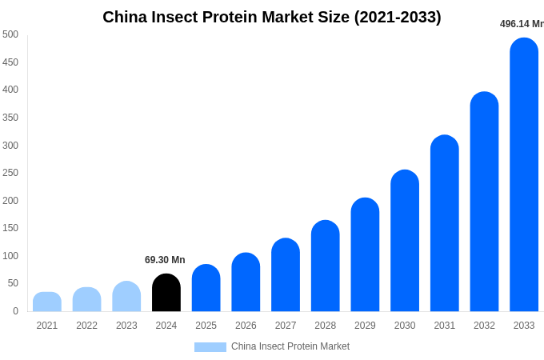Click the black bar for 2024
click(166, 293)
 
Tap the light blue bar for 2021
click(47, 302)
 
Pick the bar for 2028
click(326, 266)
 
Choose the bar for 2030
click(405, 241)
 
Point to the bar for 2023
click(126, 297)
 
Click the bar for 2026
click(246, 282)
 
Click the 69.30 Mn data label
click(165, 260)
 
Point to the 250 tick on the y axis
click(10, 173)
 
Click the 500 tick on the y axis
click(10, 34)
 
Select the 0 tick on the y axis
click(15, 311)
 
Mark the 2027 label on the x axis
click(286, 326)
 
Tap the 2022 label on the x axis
click(86, 326)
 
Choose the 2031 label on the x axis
click(445, 326)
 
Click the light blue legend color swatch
click(210, 347)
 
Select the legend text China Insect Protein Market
click(290, 346)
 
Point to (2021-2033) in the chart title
click(398, 17)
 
